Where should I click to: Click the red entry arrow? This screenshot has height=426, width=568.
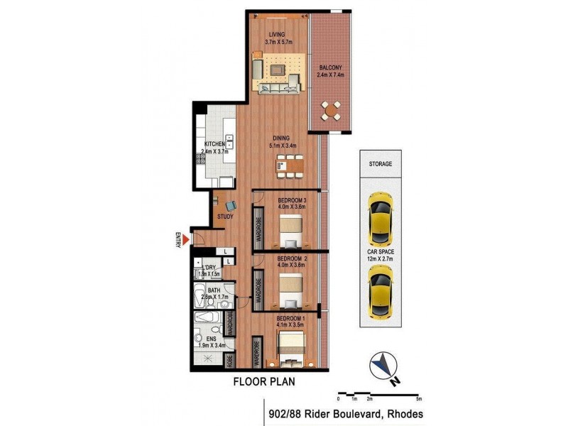pos(187,241)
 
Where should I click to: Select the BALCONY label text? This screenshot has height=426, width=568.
pos(330,68)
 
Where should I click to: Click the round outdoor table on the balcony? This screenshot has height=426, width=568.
pos(330,110)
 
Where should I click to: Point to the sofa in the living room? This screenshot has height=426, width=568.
pos(278,88)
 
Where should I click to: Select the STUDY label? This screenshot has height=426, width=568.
pos(225,217)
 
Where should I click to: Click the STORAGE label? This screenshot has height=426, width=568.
pos(380,164)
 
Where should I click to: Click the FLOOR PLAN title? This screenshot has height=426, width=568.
pos(265,381)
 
